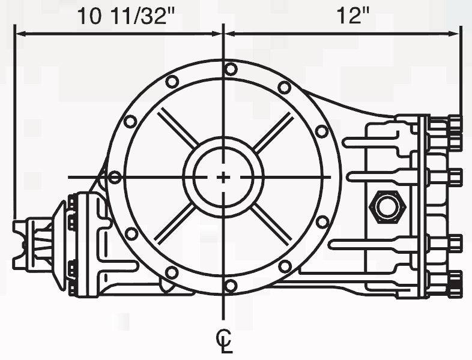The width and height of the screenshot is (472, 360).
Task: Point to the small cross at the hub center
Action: [x=223, y=178]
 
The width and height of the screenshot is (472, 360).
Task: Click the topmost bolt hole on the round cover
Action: [x=231, y=69]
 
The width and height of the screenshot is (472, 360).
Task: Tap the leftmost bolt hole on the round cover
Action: [x=115, y=178]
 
